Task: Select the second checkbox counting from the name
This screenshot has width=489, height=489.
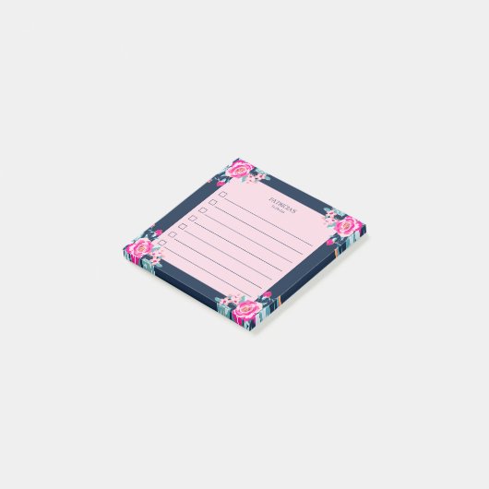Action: coord(212,203)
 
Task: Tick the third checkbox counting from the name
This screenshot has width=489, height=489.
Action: coord(203,210)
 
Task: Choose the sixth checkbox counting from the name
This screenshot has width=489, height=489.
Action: coord(173,234)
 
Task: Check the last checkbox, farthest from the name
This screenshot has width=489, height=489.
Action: coord(161,243)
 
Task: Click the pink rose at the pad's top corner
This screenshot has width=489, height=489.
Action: coord(241,170)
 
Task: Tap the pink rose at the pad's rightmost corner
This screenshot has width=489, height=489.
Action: coord(347,225)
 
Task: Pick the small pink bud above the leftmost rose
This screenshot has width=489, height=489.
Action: coord(156,232)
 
